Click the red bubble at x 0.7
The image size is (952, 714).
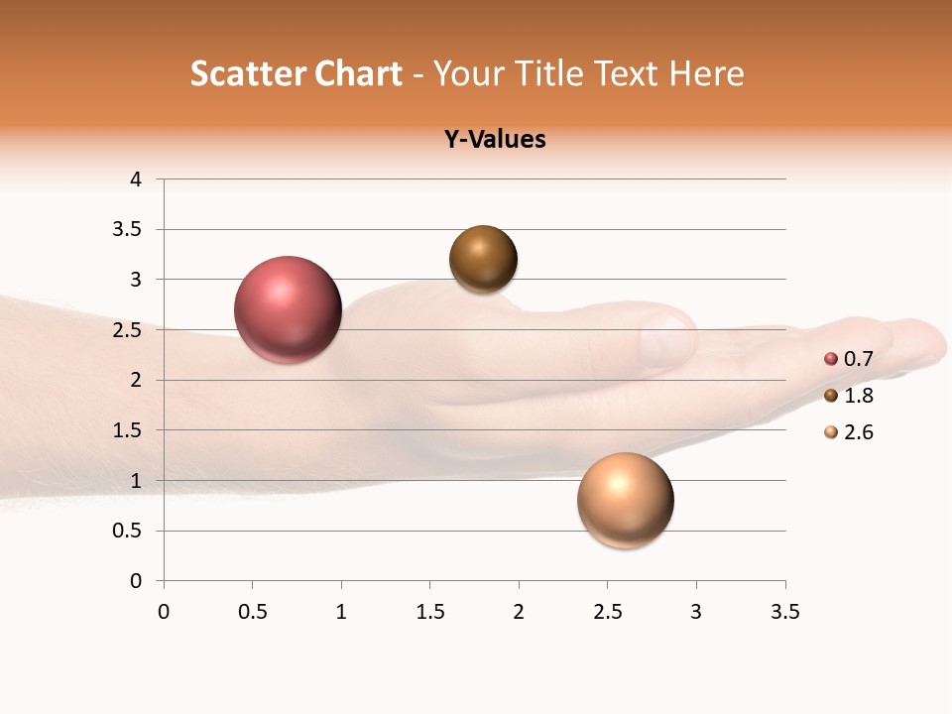coord(288,309)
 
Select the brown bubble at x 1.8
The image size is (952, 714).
coord(483,260)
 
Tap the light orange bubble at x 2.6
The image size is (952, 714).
coord(625,500)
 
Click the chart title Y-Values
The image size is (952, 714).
coord(495,139)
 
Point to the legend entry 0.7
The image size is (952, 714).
coord(857,359)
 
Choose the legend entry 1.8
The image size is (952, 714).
coord(857,396)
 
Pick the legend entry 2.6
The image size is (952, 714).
coord(857,432)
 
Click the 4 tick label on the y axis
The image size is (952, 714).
coord(136,179)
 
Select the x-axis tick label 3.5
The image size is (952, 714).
coord(784,612)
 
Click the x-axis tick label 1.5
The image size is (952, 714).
coord(429,612)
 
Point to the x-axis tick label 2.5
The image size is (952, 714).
coord(607,612)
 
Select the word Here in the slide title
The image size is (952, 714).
coord(706,73)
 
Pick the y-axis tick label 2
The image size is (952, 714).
coord(136,380)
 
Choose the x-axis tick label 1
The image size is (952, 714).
coord(341,612)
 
